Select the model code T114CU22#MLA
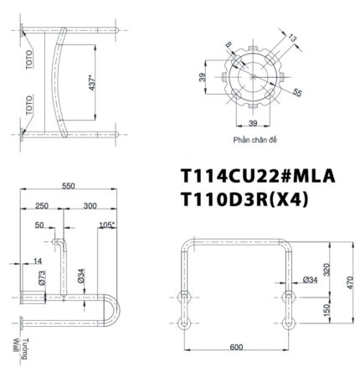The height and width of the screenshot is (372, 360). tap(259, 177)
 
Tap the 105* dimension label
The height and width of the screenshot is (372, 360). tap(106, 225)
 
